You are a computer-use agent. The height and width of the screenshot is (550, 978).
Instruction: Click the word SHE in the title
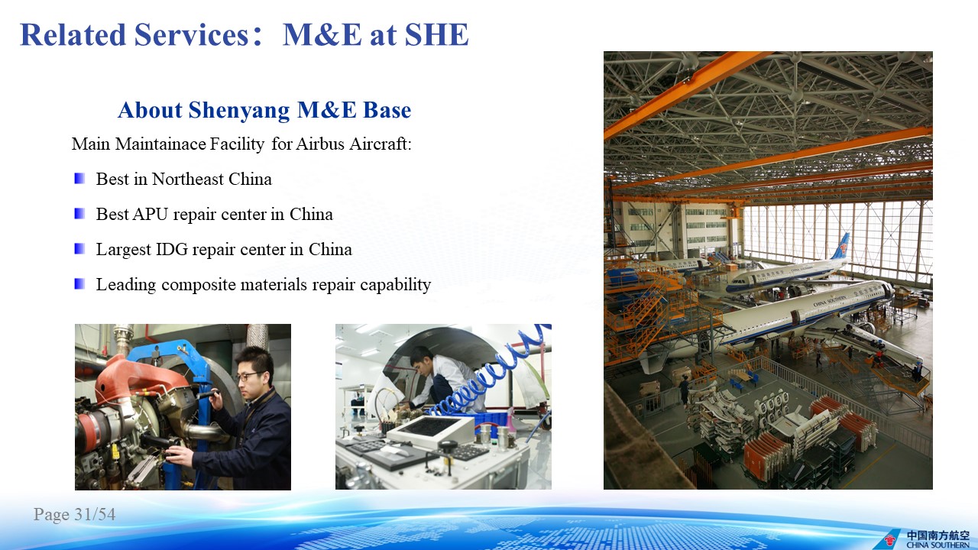[x=436, y=34]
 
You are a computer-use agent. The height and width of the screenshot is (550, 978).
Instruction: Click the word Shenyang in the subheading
[x=239, y=111]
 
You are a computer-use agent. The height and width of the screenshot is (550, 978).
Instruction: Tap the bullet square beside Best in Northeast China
[x=79, y=179]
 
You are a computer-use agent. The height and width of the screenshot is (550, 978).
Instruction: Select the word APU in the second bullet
[x=151, y=215]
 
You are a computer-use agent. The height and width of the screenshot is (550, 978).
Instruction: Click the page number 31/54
[x=95, y=514]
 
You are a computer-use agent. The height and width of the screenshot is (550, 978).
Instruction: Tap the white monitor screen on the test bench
[x=430, y=425]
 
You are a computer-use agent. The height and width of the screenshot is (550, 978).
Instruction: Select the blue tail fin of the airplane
[x=841, y=247]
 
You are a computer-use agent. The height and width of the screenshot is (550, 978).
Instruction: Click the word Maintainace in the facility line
[x=160, y=144]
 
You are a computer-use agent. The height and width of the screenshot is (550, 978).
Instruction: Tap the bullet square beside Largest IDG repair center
[x=79, y=249]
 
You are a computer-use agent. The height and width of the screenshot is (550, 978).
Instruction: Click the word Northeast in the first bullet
[x=188, y=179]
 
